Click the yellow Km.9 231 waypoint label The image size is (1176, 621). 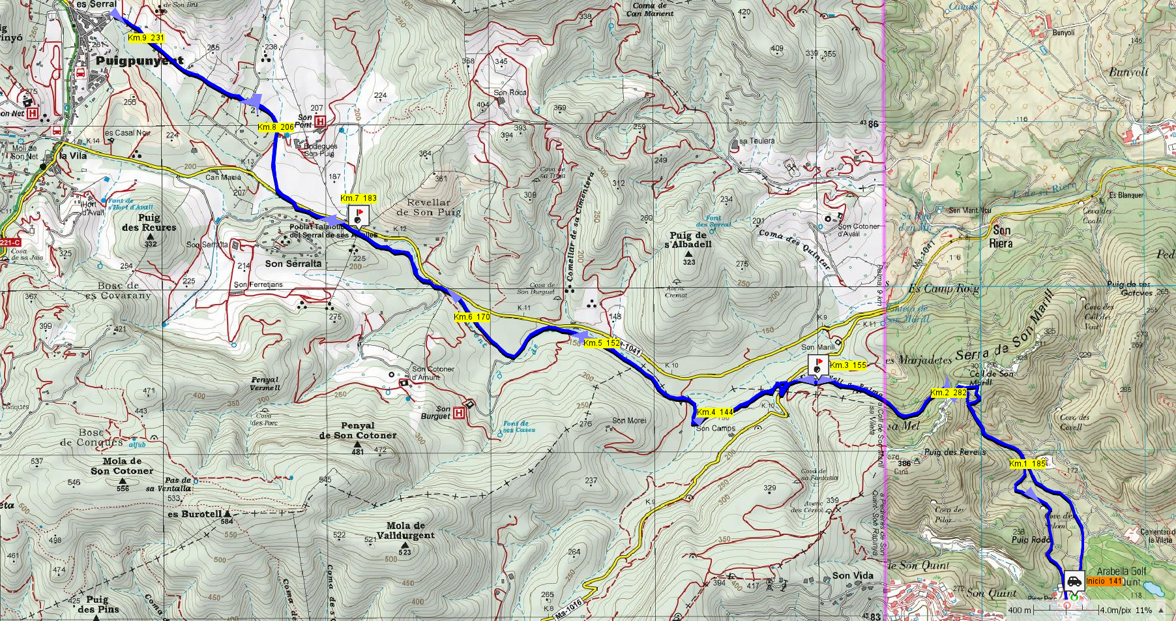(x=146, y=38)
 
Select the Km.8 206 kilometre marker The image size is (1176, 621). (x=276, y=127)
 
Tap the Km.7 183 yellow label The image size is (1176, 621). (x=359, y=198)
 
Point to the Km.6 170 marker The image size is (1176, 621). (x=472, y=318)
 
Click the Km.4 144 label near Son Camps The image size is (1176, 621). (x=715, y=412)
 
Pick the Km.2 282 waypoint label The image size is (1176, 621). (x=948, y=393)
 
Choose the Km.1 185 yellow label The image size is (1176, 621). (x=1027, y=464)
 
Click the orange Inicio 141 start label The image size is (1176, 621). (x=1104, y=581)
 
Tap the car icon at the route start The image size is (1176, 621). (x=1074, y=580)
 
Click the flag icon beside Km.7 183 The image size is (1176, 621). (x=359, y=216)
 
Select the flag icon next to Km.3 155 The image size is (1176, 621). (x=818, y=365)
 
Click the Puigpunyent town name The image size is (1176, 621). (x=140, y=61)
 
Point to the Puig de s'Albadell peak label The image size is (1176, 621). (x=688, y=240)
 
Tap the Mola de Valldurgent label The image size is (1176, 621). (x=405, y=530)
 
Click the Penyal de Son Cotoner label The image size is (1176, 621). (x=357, y=431)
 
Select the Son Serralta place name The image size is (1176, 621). (x=293, y=264)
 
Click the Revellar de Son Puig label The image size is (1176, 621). (x=428, y=207)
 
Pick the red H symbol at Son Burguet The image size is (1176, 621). (x=459, y=413)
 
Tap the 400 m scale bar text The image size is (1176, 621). (x=1020, y=611)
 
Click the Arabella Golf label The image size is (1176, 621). (x=1121, y=571)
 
